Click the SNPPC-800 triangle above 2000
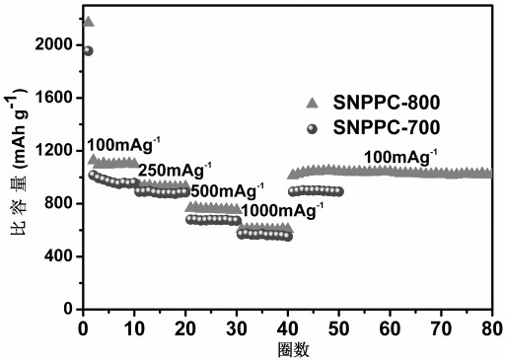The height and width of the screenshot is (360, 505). coord(89,22)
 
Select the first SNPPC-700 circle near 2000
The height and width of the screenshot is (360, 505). coord(88,51)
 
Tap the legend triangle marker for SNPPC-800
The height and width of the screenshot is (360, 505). coord(313,103)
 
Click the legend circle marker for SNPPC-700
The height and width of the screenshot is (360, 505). coord(312,129)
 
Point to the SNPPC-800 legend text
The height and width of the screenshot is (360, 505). coord(387,103)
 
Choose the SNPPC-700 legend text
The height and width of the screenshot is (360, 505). coord(387,127)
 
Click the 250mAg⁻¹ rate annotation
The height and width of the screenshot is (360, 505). coord(175,170)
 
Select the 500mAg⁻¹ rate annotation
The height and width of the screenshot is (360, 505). coord(227,190)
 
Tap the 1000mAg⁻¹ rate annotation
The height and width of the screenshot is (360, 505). coord(282,210)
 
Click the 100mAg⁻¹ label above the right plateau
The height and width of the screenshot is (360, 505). coord(400,157)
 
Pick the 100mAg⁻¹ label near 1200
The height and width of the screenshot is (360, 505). coord(123,145)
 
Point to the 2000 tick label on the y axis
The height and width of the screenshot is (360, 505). coord(53,44)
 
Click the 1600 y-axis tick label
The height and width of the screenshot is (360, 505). coord(53,98)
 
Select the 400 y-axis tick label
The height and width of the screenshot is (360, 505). coord(58,256)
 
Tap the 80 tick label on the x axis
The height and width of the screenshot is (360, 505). coord(492,328)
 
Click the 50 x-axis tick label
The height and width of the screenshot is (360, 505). coord(338,328)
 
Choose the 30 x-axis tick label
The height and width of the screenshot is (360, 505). coord(237,328)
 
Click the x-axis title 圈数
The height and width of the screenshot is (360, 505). coord(294,350)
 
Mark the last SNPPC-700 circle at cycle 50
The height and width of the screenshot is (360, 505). coord(339,191)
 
